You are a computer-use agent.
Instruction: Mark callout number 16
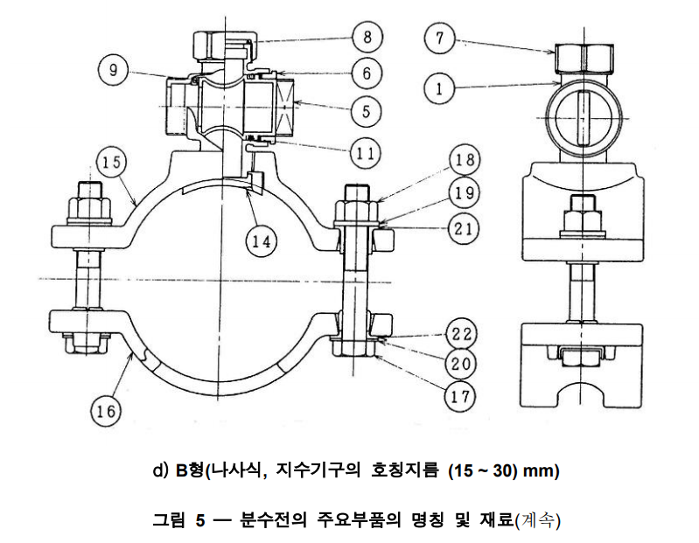pos(105,410)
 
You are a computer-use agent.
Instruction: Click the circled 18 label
pos(462,161)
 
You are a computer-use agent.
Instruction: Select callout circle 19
pos(462,194)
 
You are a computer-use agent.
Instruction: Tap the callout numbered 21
pos(462,229)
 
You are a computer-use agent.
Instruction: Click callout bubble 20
pos(462,365)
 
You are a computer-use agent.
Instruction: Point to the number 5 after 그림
pos(200,521)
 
